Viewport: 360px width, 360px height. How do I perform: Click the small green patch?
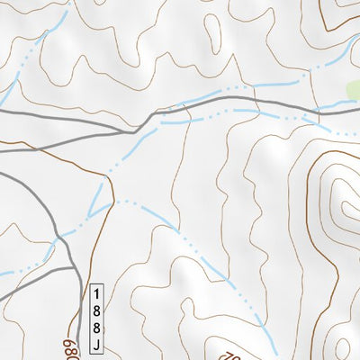point(354,90)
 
